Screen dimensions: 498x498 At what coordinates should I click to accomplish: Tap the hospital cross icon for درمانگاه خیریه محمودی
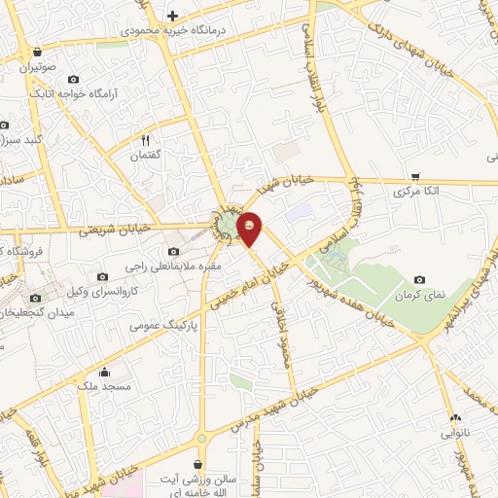point(172,16)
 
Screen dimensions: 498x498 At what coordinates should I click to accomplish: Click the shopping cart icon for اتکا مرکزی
point(415,177)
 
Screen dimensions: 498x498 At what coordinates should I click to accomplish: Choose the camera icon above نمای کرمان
point(419,279)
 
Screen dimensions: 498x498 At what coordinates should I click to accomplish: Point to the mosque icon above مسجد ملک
point(104,372)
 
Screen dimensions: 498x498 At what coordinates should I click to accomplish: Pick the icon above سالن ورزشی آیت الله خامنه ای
point(198,465)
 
